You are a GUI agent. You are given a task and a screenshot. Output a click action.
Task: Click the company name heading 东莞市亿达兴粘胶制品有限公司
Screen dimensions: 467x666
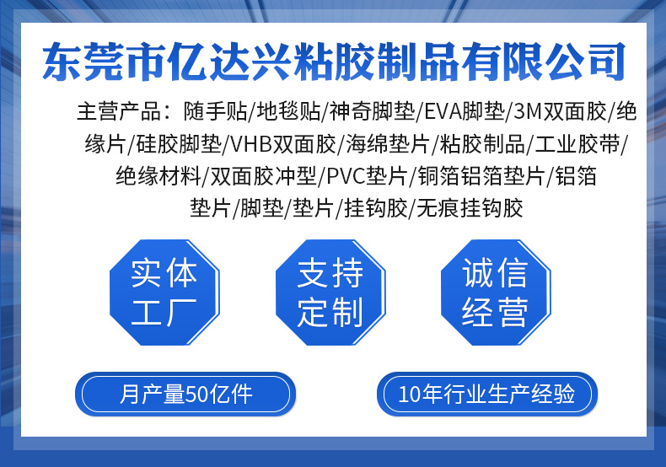334,62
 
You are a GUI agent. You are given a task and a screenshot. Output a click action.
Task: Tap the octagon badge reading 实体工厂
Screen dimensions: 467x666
164,292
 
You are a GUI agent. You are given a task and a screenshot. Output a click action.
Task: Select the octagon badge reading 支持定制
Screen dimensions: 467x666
330,292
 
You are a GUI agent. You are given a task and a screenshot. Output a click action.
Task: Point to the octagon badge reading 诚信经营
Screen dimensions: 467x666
496,292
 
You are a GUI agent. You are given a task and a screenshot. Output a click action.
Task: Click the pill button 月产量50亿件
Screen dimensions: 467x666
185,394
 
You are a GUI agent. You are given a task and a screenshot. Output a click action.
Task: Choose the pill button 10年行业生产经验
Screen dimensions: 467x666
486,394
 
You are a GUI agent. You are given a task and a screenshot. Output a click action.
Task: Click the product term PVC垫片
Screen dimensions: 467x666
365,175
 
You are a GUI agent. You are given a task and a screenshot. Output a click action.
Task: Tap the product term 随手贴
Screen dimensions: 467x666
217,110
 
